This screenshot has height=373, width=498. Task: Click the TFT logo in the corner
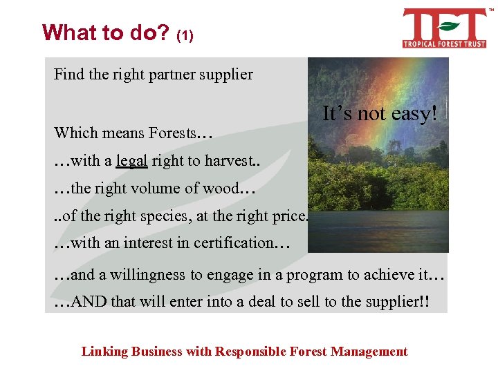[444, 28]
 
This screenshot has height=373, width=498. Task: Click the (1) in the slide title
[185, 35]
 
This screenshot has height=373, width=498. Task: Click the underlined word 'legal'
[131, 161]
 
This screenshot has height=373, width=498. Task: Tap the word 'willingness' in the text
[146, 274]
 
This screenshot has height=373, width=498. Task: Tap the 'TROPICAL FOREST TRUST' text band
[444, 44]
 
